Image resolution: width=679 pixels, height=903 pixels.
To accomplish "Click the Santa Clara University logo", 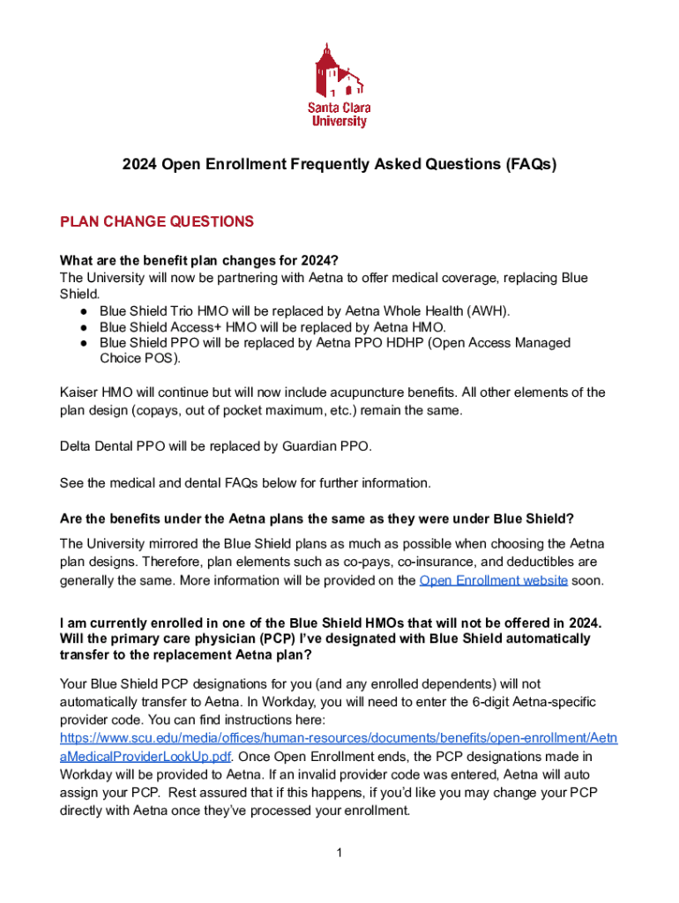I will coord(339,86).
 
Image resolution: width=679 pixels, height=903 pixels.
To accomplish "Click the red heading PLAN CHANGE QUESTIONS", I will coord(156,221).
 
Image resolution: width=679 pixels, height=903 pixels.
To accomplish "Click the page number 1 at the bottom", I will coord(339,852).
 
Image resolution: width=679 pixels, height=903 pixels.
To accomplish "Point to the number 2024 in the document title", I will coord(138,164).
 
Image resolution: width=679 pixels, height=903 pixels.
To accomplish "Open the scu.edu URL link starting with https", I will coord(339,737).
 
